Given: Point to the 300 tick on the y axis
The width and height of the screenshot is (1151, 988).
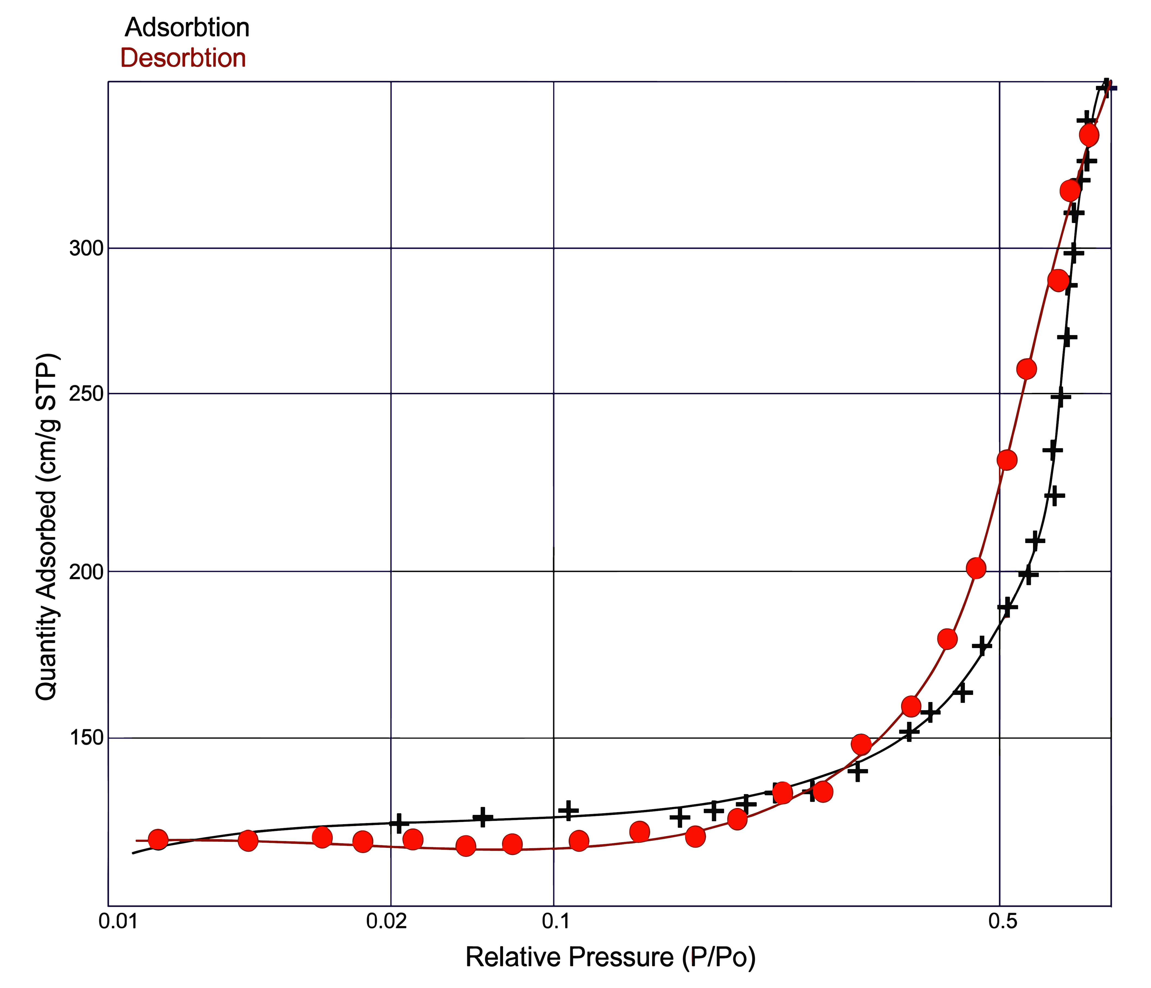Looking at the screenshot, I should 87,248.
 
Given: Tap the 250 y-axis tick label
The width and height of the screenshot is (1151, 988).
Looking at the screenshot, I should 87,393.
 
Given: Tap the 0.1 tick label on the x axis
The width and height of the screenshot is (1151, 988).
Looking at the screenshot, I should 554,921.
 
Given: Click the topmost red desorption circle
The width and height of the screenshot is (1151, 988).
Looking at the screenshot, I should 1089,135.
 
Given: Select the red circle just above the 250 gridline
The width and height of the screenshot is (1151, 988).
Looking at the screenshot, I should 1026,369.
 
